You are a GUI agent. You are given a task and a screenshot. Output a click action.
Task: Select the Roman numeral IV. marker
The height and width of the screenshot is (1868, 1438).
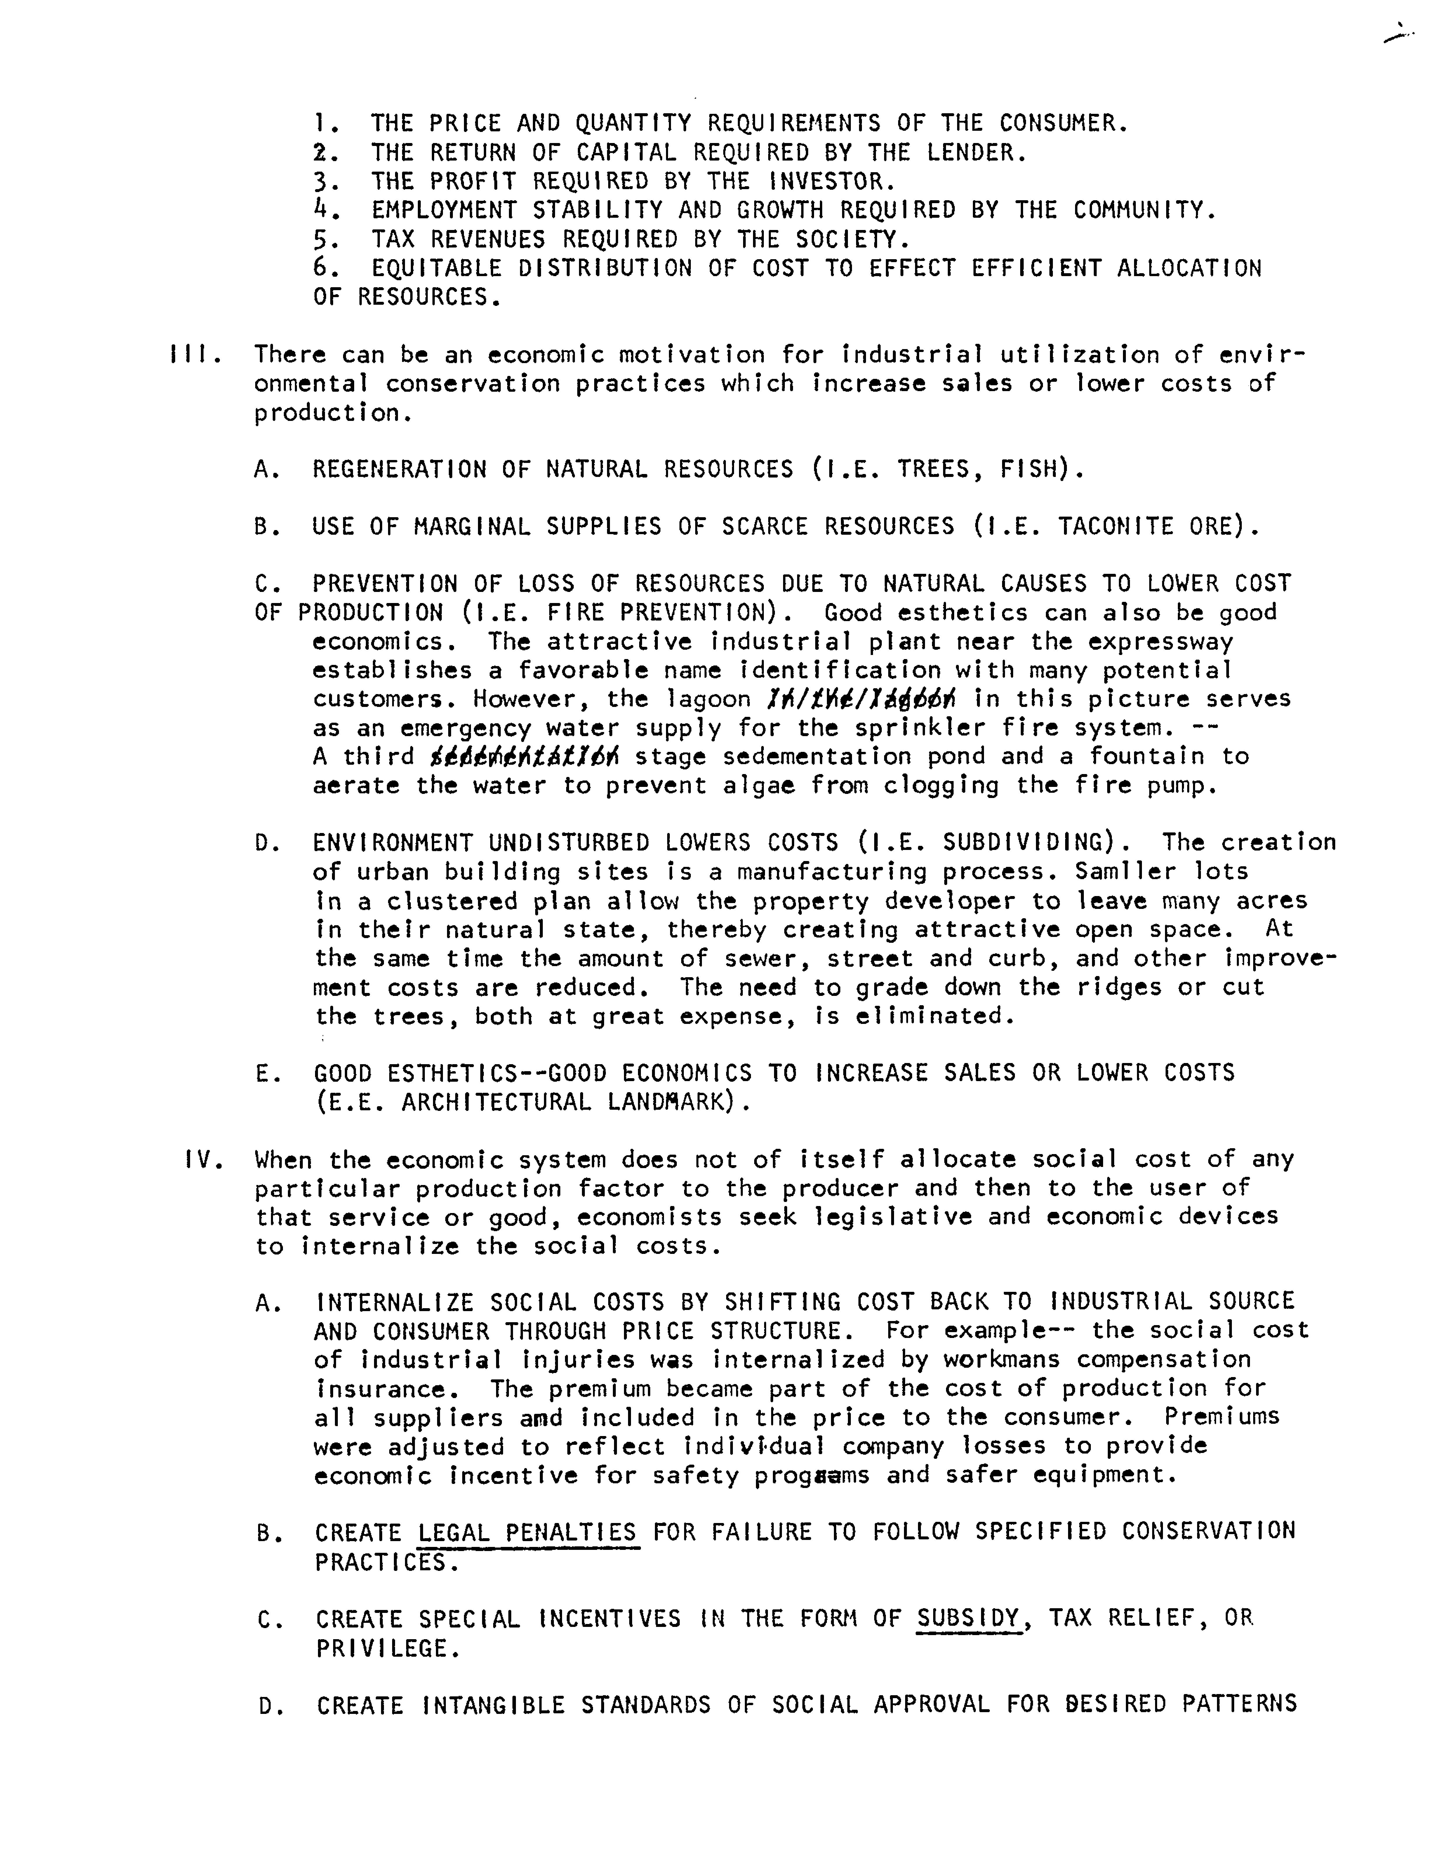click(x=204, y=1160)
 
